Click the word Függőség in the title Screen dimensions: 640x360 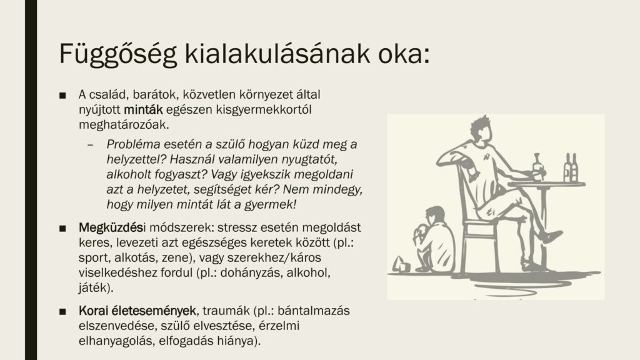tap(118, 54)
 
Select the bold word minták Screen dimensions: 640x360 tap(143, 109)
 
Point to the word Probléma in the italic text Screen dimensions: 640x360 tap(133, 144)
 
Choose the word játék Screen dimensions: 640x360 tap(93, 287)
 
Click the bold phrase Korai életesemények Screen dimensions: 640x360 tap(137, 311)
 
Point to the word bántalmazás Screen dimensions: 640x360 tap(314, 311)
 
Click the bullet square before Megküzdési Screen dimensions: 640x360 tap(62, 228)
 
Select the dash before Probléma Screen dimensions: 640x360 tap(90, 145)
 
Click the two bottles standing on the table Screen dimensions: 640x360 tap(571, 167)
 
